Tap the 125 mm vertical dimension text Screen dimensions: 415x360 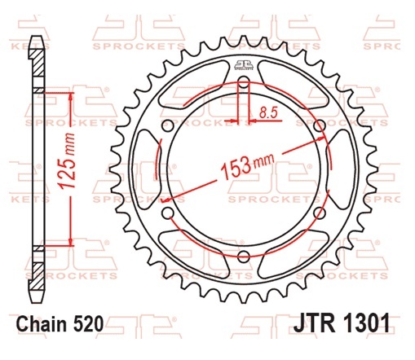tap(67, 160)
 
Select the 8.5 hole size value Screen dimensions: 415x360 tap(268, 112)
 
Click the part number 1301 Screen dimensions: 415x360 tap(364, 323)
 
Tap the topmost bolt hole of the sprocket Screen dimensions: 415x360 tap(244, 82)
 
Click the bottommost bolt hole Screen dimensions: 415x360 tap(244, 256)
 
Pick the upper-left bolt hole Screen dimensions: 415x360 tap(168, 125)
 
